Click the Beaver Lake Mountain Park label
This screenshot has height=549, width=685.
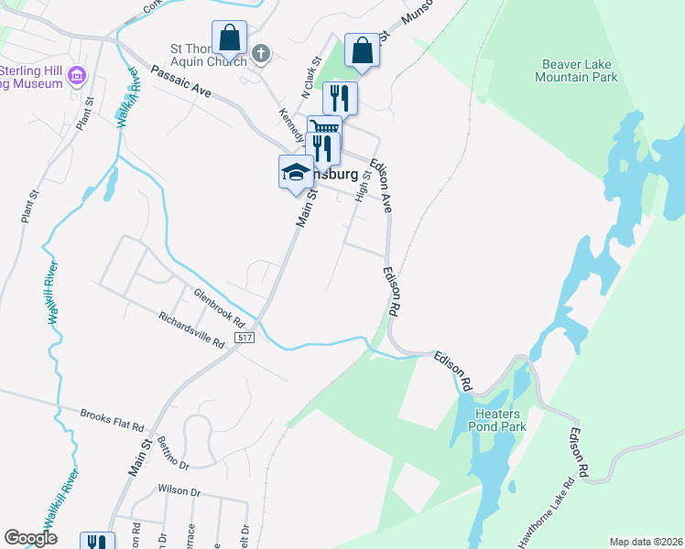580,70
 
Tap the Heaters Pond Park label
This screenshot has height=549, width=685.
499,420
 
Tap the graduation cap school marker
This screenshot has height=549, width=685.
296,172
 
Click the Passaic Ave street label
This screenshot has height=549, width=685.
181,81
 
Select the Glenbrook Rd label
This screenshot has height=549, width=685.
219,308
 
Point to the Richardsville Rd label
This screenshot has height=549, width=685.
191,331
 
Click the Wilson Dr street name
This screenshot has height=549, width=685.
179,490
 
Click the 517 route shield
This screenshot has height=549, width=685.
244,338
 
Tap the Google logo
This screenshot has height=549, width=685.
30,538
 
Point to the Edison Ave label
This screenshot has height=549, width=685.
381,186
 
